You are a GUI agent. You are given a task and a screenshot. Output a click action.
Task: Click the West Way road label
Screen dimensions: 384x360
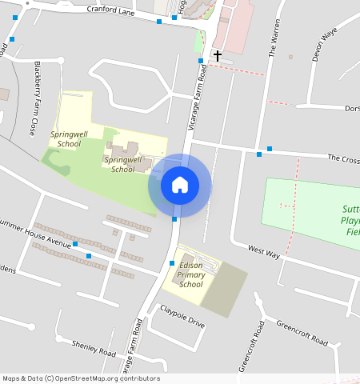tap(263, 253)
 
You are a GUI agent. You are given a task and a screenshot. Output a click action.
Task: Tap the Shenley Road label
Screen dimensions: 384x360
tap(94, 348)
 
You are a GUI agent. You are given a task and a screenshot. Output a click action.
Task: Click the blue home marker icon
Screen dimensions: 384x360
tap(180, 185)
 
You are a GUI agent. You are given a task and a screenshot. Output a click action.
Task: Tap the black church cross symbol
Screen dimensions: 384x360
tap(217, 56)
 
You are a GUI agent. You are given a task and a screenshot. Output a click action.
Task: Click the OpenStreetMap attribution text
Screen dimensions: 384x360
tap(81, 378)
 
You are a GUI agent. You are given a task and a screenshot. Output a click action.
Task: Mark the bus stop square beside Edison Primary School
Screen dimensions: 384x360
tap(172, 262)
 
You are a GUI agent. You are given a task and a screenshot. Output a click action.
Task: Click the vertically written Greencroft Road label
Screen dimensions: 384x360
tap(250, 346)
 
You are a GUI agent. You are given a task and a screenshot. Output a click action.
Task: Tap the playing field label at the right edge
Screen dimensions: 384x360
tap(350, 218)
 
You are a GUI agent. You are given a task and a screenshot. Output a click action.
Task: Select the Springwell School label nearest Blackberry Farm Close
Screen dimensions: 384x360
tap(66, 139)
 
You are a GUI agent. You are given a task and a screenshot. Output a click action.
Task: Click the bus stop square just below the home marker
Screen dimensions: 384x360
tap(174, 219)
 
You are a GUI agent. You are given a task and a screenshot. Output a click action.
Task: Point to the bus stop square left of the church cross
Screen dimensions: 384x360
tap(199, 60)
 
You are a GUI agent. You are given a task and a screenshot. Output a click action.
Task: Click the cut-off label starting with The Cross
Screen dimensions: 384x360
tap(343, 159)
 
